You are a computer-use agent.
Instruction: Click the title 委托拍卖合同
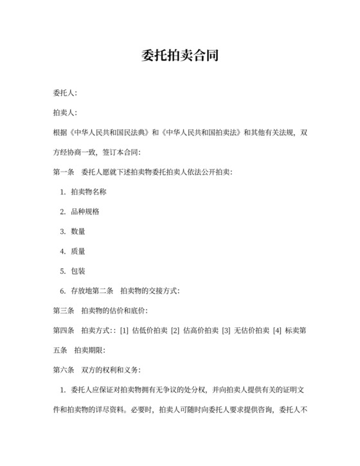tap(179, 56)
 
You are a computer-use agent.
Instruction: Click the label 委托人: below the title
tap(65, 94)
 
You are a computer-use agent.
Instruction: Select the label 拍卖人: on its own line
tap(65, 113)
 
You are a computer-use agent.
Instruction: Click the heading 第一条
tap(64, 172)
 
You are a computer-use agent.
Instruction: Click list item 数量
tap(78, 231)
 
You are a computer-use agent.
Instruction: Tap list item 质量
tap(78, 251)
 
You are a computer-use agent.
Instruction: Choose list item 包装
tap(78, 271)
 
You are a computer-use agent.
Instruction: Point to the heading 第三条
tap(64, 310)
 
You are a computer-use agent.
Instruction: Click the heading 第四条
tap(64, 330)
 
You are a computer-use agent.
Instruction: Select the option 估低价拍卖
tap(148, 330)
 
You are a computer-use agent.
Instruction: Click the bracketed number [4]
tap(277, 330)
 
